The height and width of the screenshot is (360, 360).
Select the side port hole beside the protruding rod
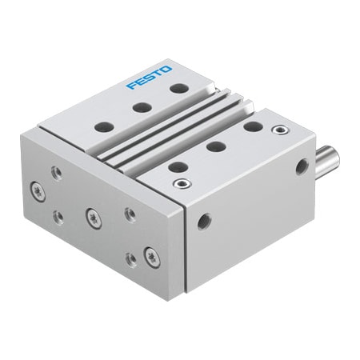click(x=302, y=166)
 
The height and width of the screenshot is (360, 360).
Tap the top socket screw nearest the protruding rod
click(x=278, y=130)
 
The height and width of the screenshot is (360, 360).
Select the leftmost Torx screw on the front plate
click(x=38, y=189)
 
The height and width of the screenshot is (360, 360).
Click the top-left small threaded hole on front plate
click(x=55, y=170)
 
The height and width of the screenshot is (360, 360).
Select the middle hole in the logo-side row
click(x=142, y=106)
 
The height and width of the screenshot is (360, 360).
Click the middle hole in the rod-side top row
click(x=214, y=146)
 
